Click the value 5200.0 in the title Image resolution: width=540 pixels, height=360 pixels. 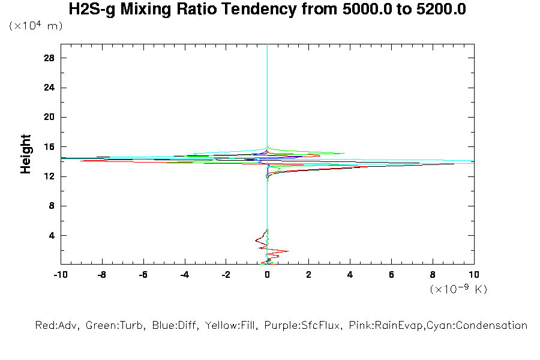click(442, 10)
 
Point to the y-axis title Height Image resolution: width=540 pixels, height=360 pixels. click(26, 154)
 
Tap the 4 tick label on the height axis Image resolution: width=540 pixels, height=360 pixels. click(52, 235)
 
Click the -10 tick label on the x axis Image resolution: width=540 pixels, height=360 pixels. click(61, 275)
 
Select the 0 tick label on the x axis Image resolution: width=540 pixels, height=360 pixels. click(268, 275)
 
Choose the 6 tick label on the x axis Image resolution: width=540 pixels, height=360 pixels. click(392, 275)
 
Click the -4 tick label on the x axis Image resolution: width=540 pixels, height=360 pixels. click(184, 275)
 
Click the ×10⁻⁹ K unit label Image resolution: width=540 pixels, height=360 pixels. click(458, 289)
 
